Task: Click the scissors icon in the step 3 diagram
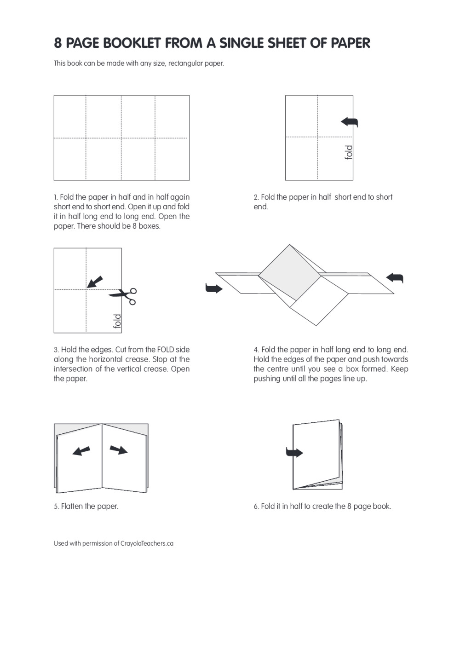124,296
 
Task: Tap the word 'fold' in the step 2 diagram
349,152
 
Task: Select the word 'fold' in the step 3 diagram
117,321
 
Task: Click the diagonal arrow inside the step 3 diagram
95,282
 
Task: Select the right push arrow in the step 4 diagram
395,278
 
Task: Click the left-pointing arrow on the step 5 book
81,451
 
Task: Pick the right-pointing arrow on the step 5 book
119,449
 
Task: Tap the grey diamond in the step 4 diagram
289,272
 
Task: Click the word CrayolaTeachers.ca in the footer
147,543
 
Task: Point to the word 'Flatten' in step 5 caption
72,506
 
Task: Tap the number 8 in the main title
57,43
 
